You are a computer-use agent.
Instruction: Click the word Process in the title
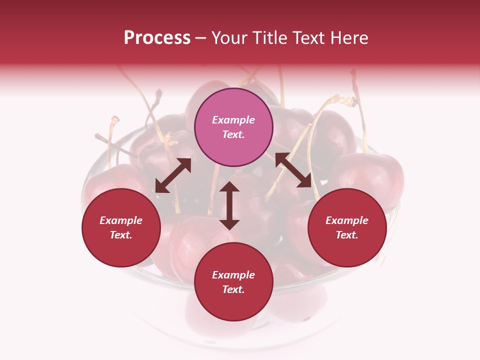pos(157,38)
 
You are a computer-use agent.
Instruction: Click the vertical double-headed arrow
pos(229,205)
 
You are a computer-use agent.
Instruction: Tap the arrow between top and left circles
pos(173,175)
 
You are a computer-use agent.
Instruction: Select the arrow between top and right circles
pos(293,170)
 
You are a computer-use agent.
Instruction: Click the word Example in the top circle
pos(233,120)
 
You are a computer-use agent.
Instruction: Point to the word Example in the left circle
pos(121,220)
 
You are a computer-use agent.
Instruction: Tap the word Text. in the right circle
pos(347,235)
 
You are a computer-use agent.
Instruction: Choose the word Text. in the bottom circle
pos(233,289)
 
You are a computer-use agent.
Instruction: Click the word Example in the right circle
pos(347,220)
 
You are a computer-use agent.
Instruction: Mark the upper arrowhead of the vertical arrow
pos(229,188)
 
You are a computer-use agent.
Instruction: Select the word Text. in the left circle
pos(121,235)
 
